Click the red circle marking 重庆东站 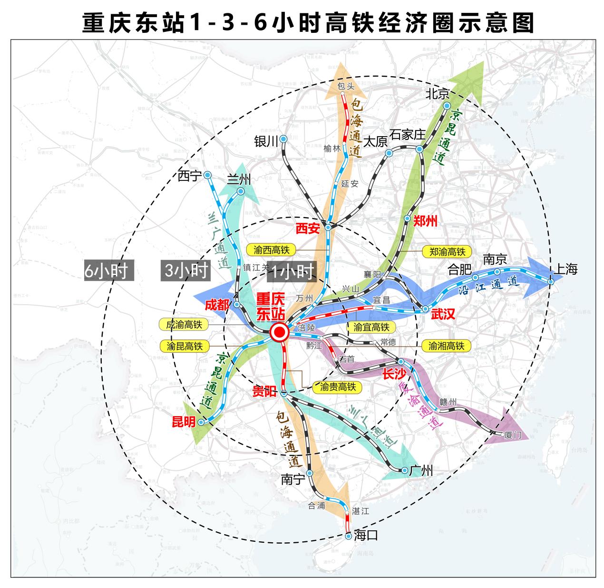tap(279, 332)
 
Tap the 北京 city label tap(438, 93)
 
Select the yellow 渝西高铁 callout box tap(272, 249)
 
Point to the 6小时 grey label tap(106, 270)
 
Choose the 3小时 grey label tap(186, 270)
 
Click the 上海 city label tap(565, 269)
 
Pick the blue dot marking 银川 tap(283, 139)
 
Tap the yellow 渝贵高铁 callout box tap(338, 387)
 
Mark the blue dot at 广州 tap(405, 470)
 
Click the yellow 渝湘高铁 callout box tap(446, 346)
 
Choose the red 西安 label tap(307, 229)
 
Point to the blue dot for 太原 tap(389, 153)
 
